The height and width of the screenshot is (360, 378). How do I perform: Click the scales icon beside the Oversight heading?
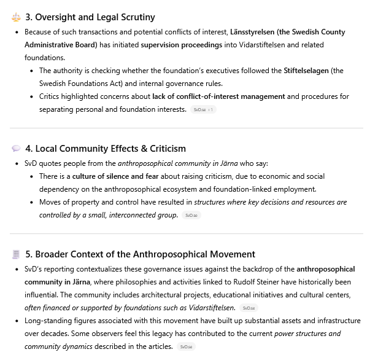16,17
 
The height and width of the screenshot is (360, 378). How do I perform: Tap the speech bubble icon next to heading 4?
16,149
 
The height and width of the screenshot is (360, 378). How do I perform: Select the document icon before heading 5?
16,254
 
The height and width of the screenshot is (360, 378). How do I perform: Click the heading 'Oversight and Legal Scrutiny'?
90,17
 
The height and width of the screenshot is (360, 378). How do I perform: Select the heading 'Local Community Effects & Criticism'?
106,149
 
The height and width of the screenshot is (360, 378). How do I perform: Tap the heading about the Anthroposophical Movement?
141,254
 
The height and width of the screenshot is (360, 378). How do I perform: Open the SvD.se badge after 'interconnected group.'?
191,215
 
